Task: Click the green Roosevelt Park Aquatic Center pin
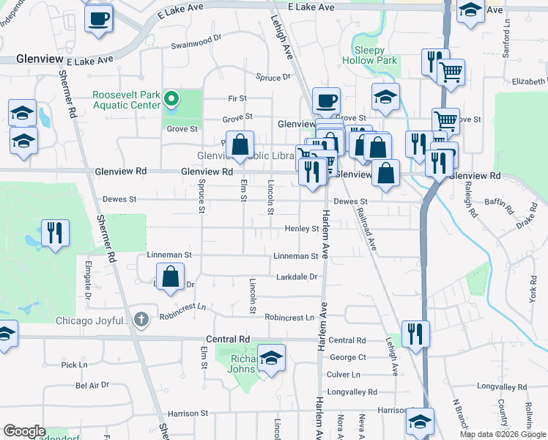171,98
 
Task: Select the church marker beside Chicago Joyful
142,320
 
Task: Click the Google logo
24,431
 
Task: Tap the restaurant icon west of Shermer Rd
55,234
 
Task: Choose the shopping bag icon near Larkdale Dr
170,278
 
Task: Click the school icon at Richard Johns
272,359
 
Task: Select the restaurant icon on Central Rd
415,334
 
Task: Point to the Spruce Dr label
273,77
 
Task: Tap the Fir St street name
237,98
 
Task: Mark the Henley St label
302,229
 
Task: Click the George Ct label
347,357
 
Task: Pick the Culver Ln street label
344,374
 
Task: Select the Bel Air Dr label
92,384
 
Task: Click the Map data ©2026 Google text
502,433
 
